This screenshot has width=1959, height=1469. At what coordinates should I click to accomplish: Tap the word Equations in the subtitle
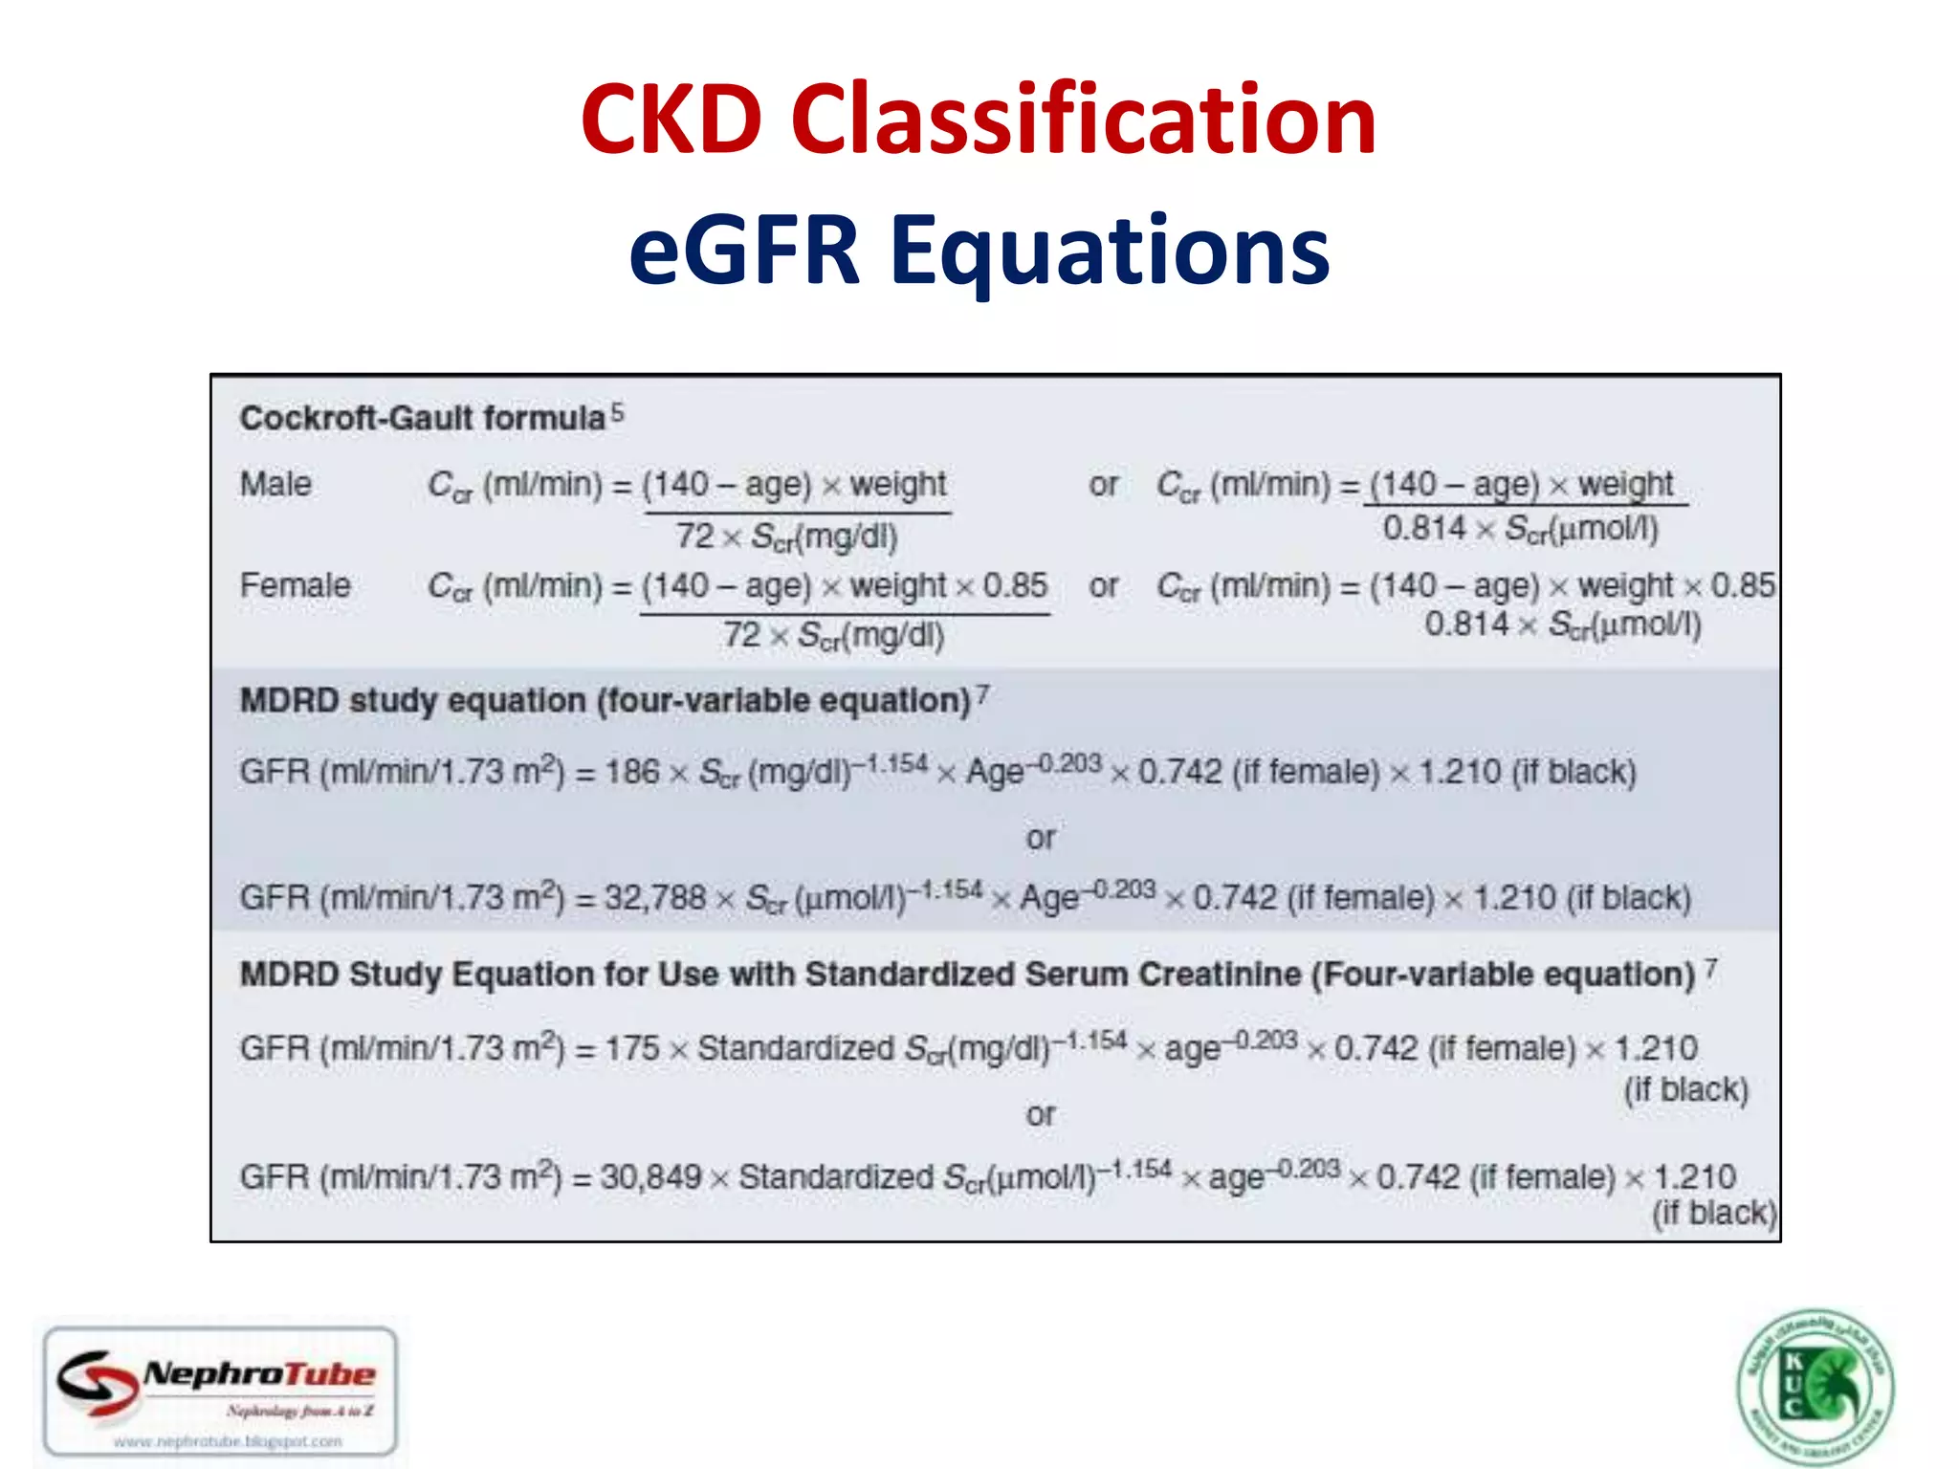pos(1110,251)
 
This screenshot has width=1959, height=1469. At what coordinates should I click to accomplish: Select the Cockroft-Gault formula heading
pos(422,418)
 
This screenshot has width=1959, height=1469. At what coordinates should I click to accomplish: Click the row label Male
pos(275,484)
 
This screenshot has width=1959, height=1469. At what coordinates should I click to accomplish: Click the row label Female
pos(295,585)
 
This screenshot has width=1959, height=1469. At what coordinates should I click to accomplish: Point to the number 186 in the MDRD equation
pos(632,772)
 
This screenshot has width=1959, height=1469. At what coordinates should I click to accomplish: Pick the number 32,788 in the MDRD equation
pos(654,898)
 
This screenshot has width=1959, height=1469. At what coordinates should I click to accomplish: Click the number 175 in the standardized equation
pos(632,1048)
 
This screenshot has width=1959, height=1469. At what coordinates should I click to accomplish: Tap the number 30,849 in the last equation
pos(650,1176)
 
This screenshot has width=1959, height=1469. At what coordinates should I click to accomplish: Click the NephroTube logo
pos(221,1389)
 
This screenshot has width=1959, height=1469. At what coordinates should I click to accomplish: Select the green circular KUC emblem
pos(1815,1388)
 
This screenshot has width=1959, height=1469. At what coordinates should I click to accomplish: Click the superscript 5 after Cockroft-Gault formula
pos(618,412)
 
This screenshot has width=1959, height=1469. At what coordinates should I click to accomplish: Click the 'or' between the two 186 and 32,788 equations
pos(1041,838)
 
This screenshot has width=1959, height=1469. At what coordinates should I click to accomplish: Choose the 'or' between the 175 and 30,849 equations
pos(1041,1114)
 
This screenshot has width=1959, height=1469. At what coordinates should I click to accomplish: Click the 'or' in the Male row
pos(1103,485)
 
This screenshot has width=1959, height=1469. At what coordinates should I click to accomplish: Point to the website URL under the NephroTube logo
pos(228,1440)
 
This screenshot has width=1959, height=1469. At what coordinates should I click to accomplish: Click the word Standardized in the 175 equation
pos(796,1048)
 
